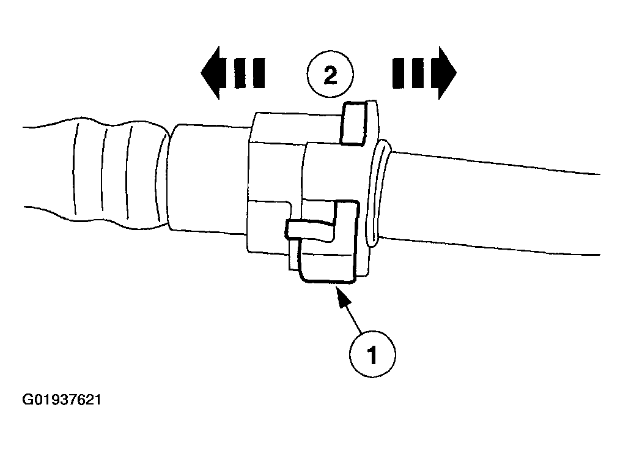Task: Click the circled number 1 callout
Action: (x=372, y=354)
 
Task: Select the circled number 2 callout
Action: (x=330, y=75)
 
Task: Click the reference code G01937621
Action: (x=62, y=400)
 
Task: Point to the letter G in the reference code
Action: (x=27, y=400)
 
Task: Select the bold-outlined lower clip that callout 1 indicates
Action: (x=328, y=242)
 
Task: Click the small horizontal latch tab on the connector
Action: (x=310, y=230)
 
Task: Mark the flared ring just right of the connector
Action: (x=378, y=194)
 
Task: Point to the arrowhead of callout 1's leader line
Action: (x=342, y=295)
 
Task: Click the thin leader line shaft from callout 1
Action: (x=353, y=316)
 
